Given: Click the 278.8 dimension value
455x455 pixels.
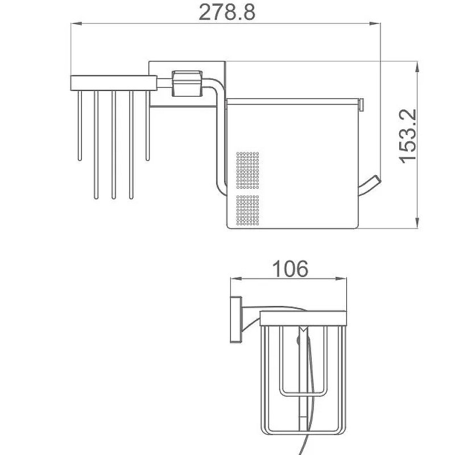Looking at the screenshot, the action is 227,13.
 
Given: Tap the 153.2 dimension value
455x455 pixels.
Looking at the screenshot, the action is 407,136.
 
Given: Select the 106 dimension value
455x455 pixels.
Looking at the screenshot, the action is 290,268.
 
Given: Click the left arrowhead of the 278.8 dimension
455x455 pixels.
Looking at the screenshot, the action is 77,24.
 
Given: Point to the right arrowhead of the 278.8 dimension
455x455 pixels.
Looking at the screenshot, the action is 375,24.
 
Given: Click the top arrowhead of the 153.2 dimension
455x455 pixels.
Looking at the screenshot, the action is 417,67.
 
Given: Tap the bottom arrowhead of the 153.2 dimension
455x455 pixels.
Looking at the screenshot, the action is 417,223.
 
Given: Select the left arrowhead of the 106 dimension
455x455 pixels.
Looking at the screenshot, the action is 236,279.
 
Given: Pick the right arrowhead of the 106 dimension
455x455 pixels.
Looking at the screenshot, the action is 341,279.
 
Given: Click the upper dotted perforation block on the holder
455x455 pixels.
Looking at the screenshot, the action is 247,170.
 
